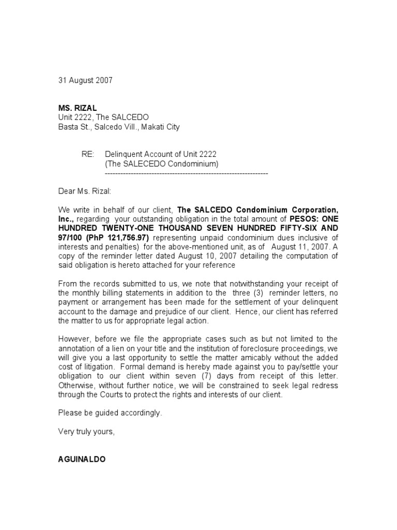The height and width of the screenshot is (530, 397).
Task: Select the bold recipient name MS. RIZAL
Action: click(78, 108)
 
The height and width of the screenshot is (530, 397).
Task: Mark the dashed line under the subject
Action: click(186, 173)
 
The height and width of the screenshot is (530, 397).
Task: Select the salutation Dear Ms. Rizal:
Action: click(84, 191)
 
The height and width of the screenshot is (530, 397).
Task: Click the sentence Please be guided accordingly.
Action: click(110, 413)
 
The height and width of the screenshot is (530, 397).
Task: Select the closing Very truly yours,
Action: click(86, 431)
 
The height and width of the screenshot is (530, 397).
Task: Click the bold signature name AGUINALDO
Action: click(82, 459)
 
